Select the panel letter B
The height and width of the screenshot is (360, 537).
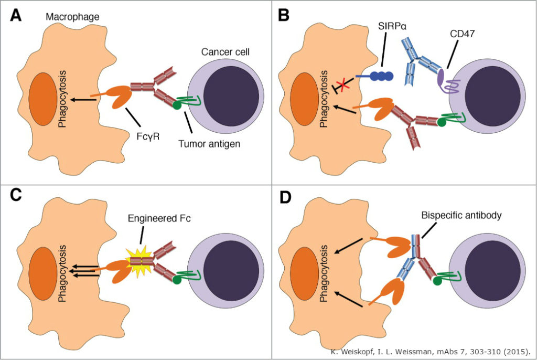click(x=284, y=15)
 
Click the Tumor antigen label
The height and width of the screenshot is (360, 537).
click(x=211, y=143)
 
